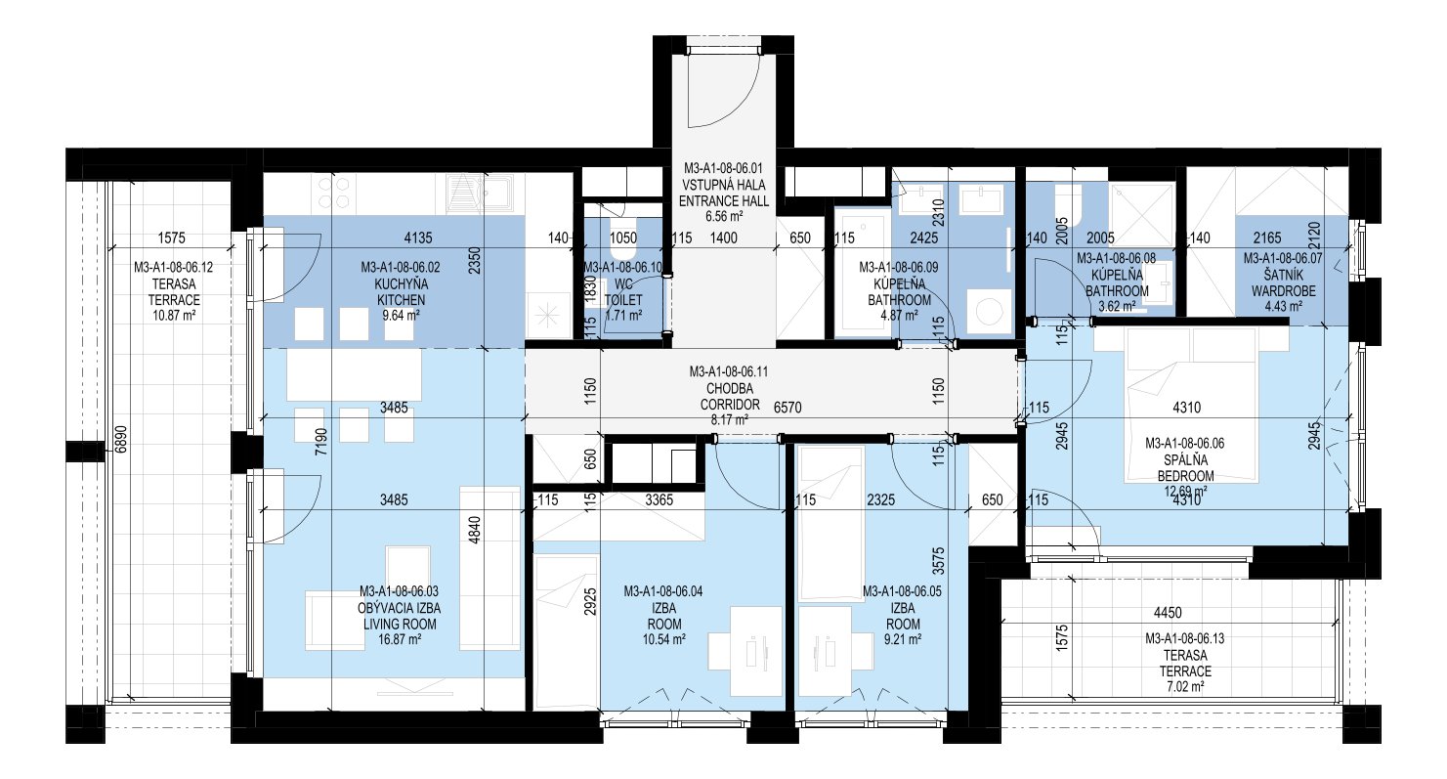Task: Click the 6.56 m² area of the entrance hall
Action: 723,217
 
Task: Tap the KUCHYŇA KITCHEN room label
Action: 401,291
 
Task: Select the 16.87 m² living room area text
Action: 400,640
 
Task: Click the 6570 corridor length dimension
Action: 787,408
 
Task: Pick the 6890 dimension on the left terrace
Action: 121,439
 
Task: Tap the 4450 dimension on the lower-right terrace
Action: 1168,612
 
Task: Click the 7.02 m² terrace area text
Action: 1185,686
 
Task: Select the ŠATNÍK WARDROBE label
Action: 1283,283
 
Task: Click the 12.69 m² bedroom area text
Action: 1185,492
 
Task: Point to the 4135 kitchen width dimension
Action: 418,238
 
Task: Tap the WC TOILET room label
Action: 623,292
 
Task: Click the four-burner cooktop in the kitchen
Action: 334,193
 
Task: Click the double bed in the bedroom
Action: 1193,405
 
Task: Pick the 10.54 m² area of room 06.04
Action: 664,640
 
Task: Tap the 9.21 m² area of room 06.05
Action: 903,640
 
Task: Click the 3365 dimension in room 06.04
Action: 659,499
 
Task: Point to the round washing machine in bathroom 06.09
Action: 988,311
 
